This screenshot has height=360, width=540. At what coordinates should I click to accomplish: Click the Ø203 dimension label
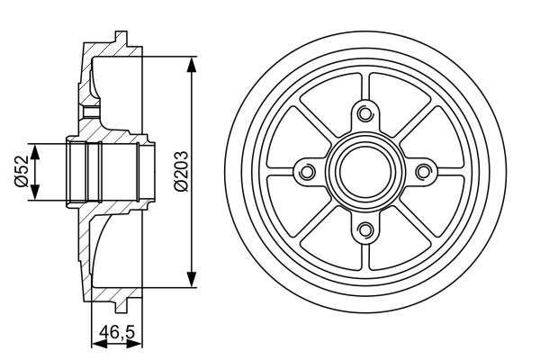click(x=180, y=171)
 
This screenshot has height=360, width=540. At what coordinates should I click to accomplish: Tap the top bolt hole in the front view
click(x=364, y=112)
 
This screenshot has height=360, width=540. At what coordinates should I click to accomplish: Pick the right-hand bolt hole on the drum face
click(x=424, y=171)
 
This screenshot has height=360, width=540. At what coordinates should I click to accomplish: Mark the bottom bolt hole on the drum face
click(x=364, y=230)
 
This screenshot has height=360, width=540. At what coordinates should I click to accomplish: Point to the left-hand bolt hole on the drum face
click(x=305, y=171)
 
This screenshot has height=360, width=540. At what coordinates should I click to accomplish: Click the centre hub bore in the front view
click(x=364, y=171)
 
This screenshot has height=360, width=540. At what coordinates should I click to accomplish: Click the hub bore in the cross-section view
click(x=103, y=171)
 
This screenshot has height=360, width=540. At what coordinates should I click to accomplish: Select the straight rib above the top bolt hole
click(x=364, y=85)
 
